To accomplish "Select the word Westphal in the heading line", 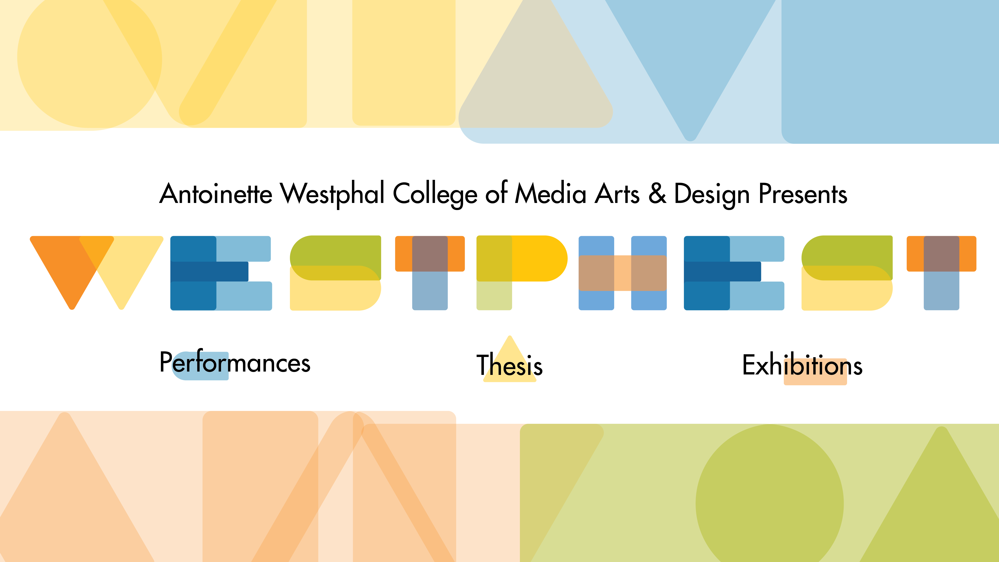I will pos(332,194).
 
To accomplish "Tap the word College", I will pos(435,194).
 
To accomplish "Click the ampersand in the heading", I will pos(657,194).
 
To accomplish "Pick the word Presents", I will pos(803,194).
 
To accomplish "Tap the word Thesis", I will pos(509,365).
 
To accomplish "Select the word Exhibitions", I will pos(802,365).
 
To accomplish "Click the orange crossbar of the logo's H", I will pos(623,273).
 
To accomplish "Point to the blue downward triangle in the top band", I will pos(690,58).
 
